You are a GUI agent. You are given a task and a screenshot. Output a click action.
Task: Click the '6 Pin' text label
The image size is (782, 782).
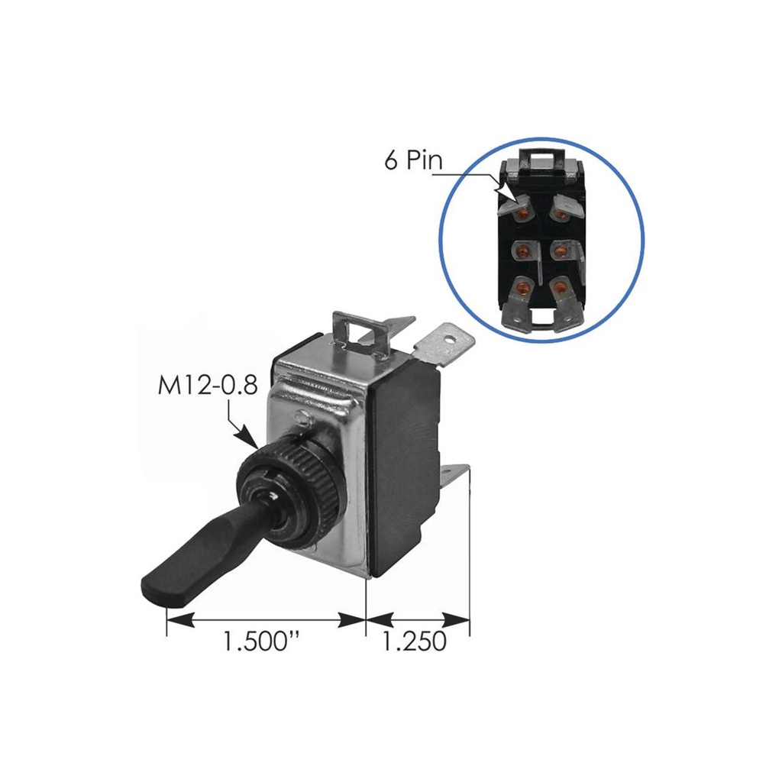tap(413, 161)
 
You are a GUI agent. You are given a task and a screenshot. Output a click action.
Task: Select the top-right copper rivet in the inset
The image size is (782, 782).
tap(561, 213)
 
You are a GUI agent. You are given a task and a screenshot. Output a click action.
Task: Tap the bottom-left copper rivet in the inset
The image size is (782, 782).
tap(522, 289)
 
